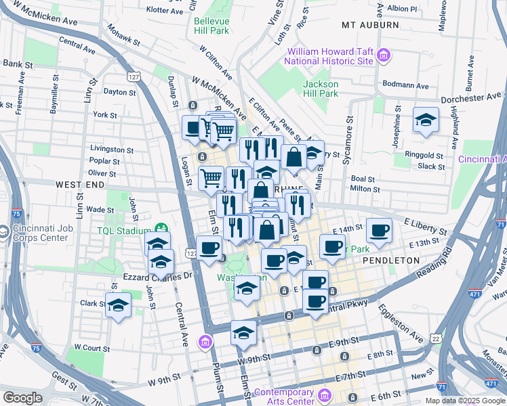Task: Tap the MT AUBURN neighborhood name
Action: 370,25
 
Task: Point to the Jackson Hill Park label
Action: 321,89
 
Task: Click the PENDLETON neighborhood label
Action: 388,260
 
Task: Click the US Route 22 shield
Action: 434,338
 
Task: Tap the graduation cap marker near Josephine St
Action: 425,120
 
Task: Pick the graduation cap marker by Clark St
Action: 118,305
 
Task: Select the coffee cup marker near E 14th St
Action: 379,230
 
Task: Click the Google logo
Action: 22,398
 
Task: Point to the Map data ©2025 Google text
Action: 464,401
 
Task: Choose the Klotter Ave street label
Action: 165,12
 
